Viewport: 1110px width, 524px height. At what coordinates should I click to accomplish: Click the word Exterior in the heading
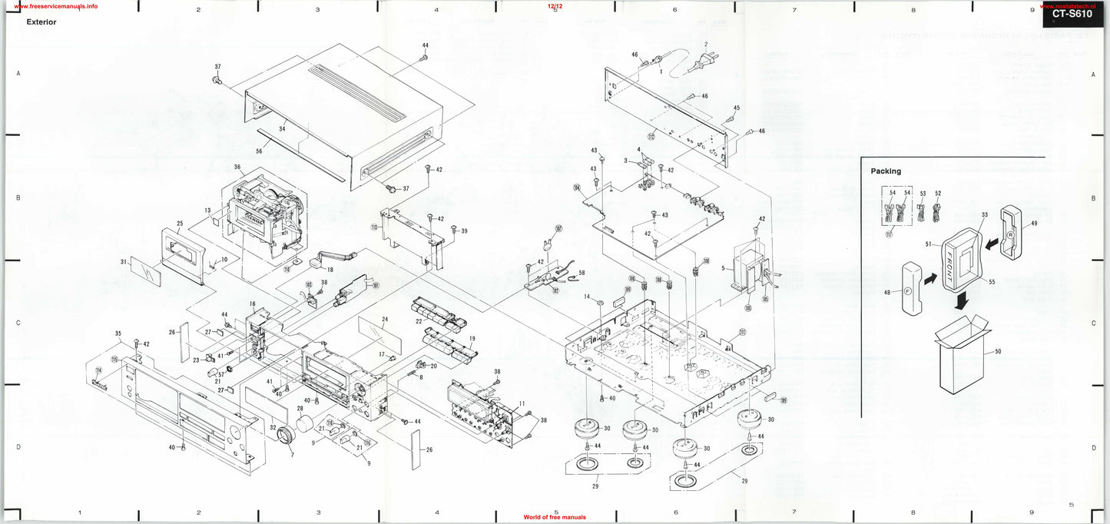point(41,22)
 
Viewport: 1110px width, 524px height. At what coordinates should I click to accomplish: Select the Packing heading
point(886,171)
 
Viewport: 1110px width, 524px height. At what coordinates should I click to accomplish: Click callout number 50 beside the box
point(997,352)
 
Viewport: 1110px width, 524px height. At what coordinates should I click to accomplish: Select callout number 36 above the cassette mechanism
point(237,167)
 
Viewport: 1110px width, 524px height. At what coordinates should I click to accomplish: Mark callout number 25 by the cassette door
point(179,224)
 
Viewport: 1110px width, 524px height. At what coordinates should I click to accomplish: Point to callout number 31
point(124,262)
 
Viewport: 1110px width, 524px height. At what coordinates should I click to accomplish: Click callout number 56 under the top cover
point(258,151)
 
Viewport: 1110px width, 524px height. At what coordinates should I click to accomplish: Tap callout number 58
point(581,273)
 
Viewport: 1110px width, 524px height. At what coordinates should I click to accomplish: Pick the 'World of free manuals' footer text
point(555,518)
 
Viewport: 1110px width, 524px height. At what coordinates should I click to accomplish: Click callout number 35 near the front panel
point(118,333)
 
